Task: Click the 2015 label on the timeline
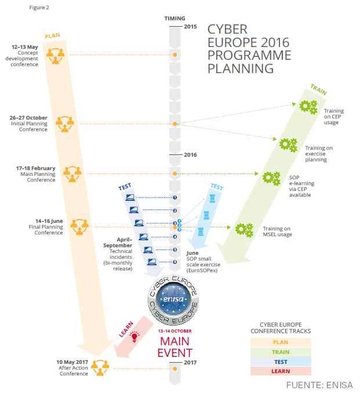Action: [x=190, y=27]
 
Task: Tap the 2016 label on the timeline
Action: [x=190, y=155]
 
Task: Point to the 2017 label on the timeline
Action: [x=190, y=363]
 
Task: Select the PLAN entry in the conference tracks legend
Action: [x=281, y=342]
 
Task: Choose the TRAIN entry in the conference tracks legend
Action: [x=281, y=352]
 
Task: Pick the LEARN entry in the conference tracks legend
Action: [x=281, y=371]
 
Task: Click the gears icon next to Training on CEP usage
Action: [x=307, y=107]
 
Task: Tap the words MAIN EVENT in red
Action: [x=174, y=346]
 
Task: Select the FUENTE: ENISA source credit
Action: [x=319, y=385]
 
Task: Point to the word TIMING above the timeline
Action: [x=174, y=19]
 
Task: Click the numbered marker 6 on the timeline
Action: [x=174, y=262]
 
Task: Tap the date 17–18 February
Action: [x=36, y=168]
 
